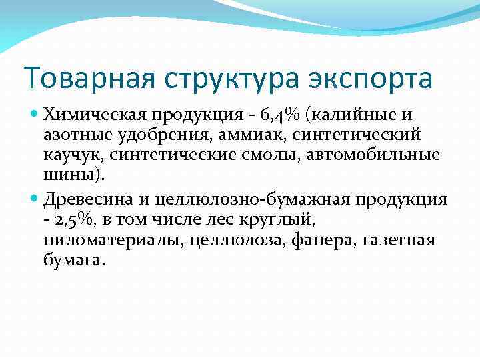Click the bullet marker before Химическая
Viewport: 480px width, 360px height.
pyautogui.click(x=36, y=115)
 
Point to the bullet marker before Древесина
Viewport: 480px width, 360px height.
pyautogui.click(x=36, y=198)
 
